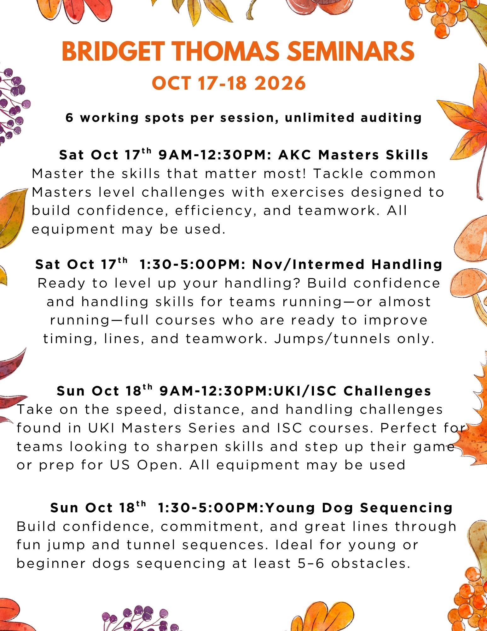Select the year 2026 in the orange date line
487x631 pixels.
tap(280, 83)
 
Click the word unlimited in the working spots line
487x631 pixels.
tap(319, 117)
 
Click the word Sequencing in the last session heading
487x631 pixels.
tap(406, 508)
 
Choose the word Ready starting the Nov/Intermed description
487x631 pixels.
tap(61, 283)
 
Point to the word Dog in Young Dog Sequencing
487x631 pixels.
tap(337, 508)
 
